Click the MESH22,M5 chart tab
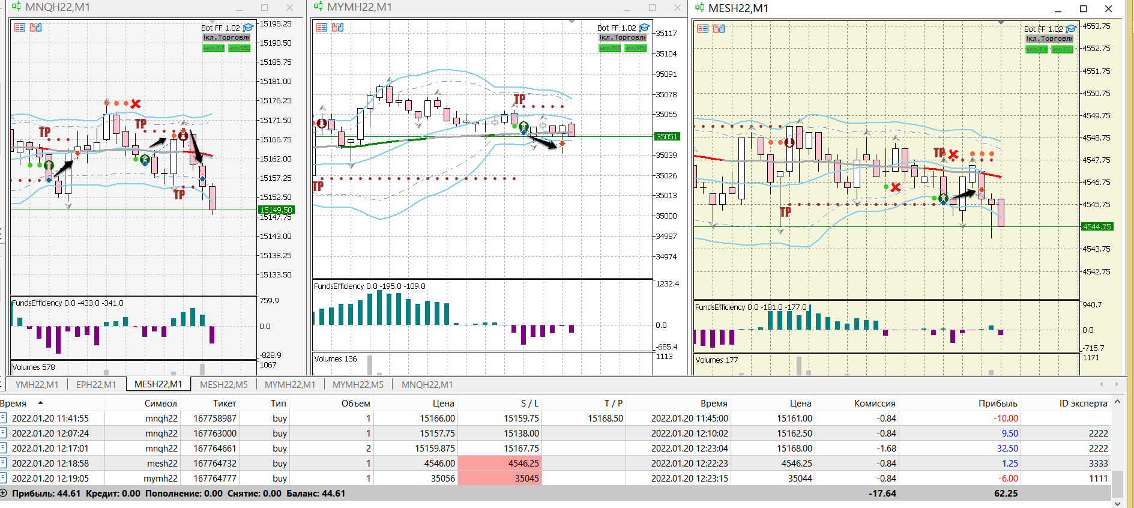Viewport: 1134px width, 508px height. pos(223,384)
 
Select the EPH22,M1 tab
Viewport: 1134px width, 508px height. pos(96,384)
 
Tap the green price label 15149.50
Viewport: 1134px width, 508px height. pos(276,210)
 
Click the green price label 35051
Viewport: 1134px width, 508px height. pos(666,136)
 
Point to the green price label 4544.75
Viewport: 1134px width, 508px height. pos(1096,226)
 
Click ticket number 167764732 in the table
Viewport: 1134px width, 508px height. pos(215,463)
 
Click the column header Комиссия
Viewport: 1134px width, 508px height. pos(875,403)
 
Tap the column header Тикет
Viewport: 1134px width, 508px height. pos(225,403)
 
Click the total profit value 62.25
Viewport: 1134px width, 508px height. pos(1006,493)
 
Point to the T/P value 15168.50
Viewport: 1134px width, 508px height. pos(605,418)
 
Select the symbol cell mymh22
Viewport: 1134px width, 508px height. pos(160,478)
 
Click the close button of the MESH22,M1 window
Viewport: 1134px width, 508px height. pos(1108,8)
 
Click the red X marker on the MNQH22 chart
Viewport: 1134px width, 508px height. pos(136,104)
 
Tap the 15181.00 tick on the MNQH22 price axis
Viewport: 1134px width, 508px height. pos(275,81)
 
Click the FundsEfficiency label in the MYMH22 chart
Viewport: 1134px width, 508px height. pos(339,286)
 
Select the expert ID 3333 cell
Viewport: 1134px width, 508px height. pos(1098,463)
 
